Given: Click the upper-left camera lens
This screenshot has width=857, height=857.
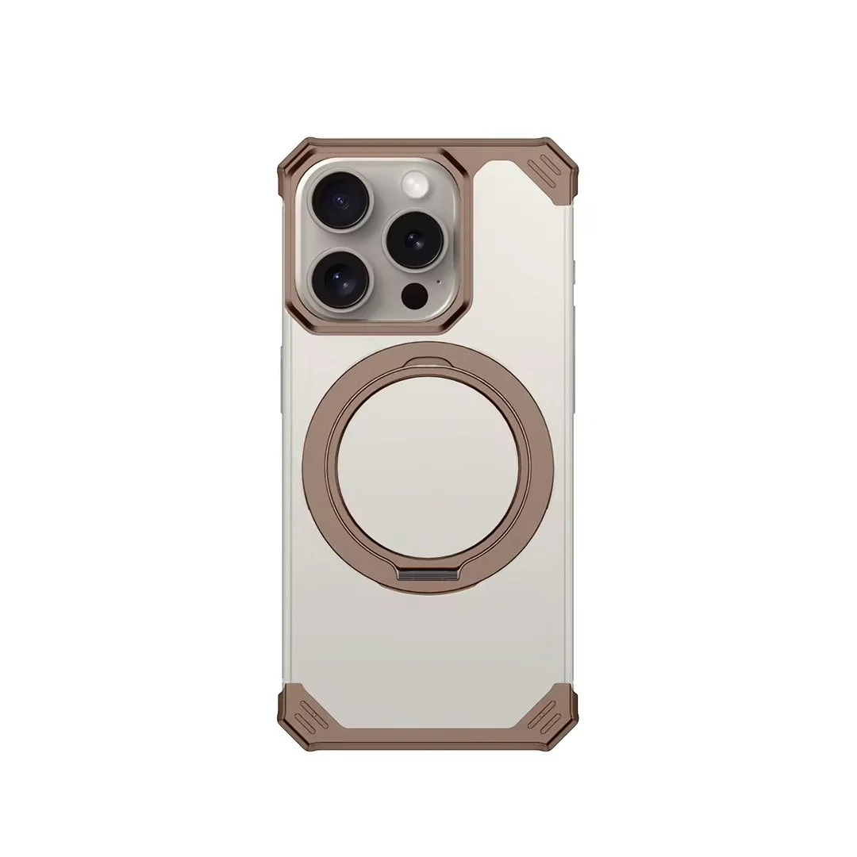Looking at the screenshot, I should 340,202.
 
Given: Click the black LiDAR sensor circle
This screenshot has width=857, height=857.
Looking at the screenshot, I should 414,296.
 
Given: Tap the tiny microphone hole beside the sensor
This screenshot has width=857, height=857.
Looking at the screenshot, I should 438,281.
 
